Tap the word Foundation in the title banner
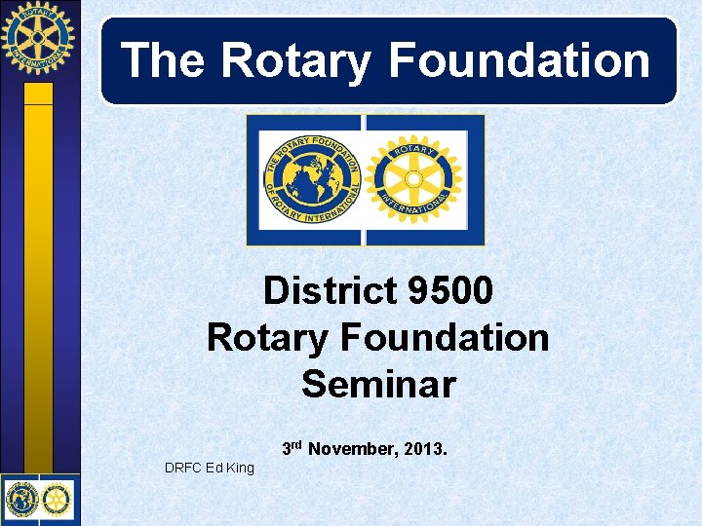(x=519, y=59)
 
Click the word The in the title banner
(x=163, y=59)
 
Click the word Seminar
(x=378, y=384)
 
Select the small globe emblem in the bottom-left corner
(x=21, y=499)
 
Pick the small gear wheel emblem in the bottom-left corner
(x=58, y=499)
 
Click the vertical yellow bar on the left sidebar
(x=38, y=282)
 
